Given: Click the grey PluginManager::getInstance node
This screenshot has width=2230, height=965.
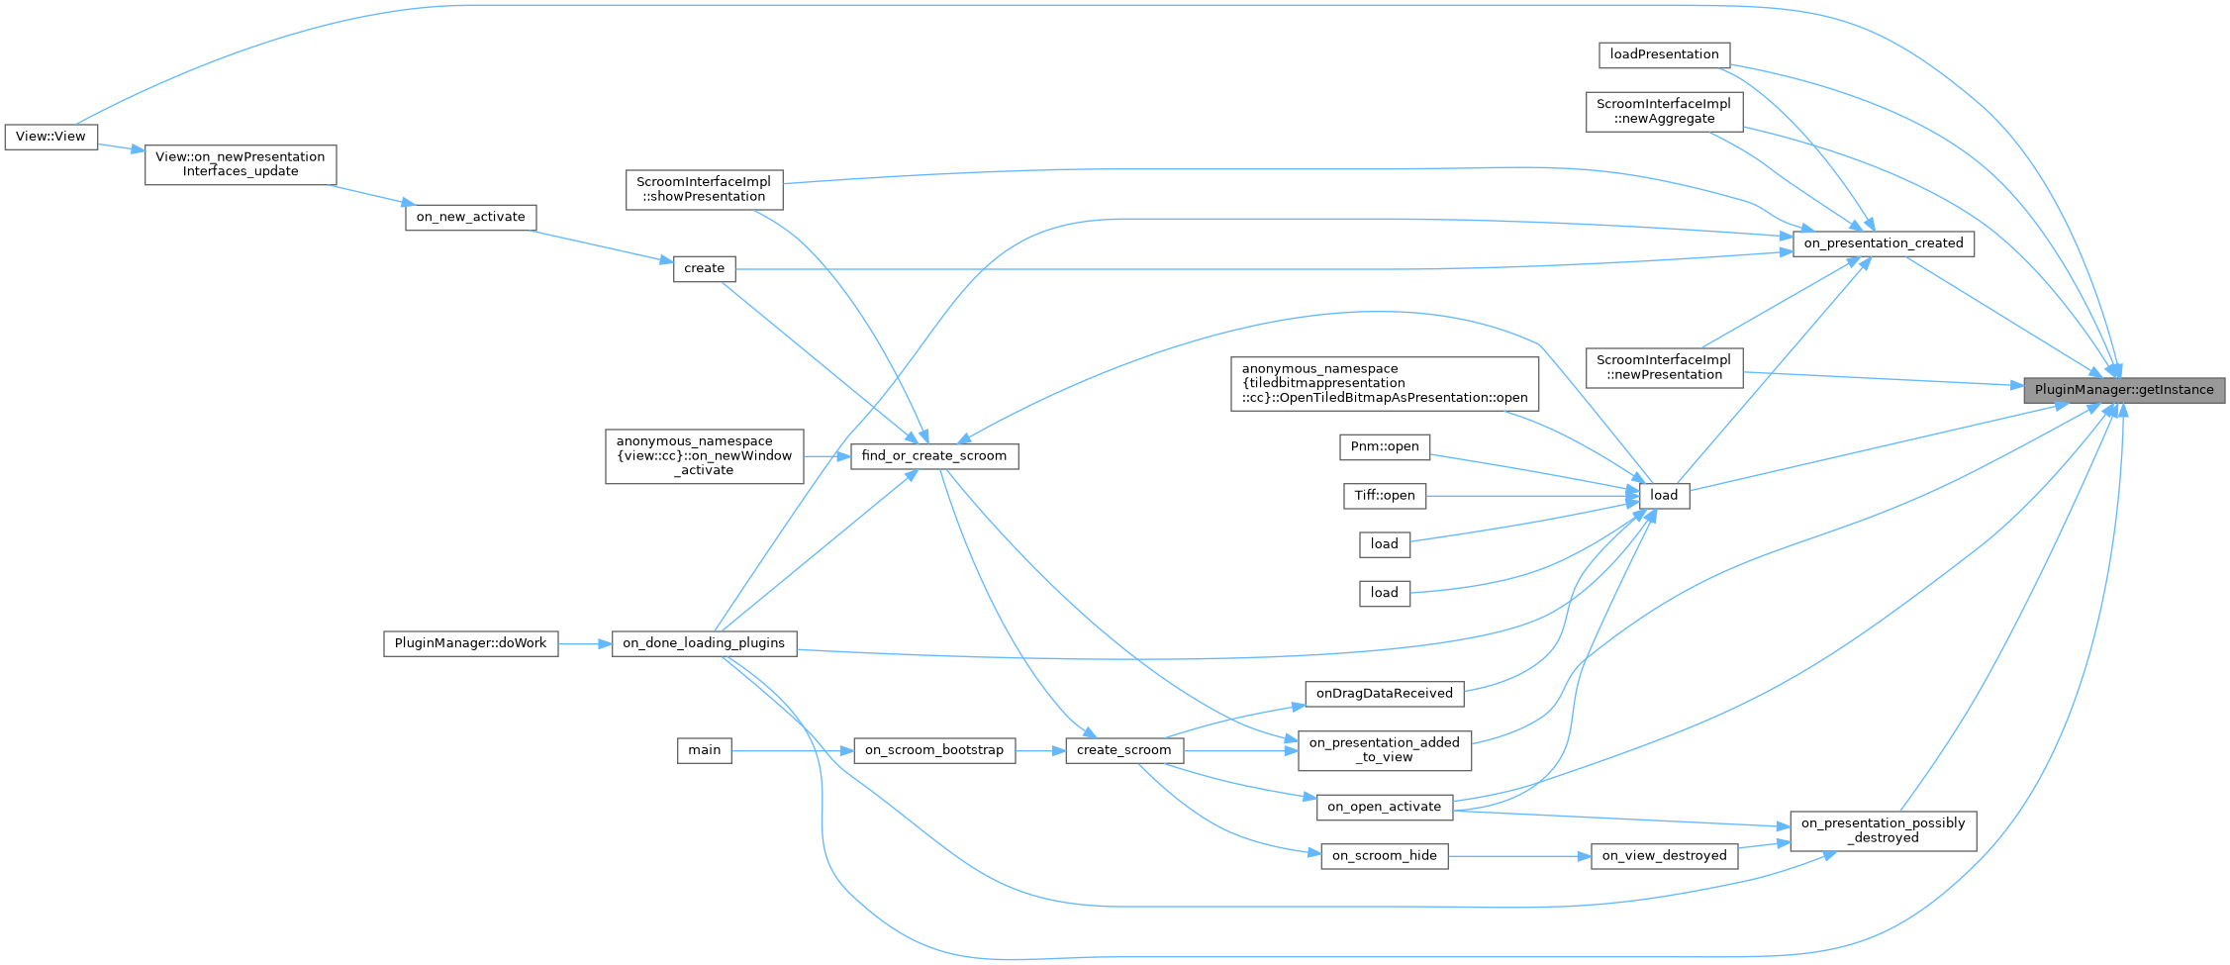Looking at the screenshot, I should tap(2123, 390).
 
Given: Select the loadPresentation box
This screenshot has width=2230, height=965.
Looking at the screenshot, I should tap(1664, 54).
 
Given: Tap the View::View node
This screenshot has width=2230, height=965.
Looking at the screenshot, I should tap(50, 137).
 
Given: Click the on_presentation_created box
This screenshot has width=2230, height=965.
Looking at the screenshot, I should tap(1883, 243).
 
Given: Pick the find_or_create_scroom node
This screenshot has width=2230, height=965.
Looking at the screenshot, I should tap(933, 456).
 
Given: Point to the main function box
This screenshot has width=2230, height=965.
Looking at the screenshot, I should tap(704, 750).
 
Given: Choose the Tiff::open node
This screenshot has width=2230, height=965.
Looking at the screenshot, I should tap(1384, 496).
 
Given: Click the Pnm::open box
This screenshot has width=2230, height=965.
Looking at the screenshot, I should tap(1384, 446).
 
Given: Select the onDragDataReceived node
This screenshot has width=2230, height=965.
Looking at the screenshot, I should tap(1384, 694).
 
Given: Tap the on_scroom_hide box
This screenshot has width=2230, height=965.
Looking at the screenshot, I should tap(1384, 856).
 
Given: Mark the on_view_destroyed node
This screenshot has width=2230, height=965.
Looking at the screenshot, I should tap(1663, 856).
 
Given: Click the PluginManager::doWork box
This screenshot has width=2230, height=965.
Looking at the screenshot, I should tap(470, 643).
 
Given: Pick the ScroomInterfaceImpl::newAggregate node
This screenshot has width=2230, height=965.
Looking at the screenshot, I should tap(1663, 111).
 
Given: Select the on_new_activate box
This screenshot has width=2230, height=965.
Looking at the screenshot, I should tap(470, 218).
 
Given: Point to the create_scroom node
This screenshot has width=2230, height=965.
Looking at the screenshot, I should tap(1123, 750).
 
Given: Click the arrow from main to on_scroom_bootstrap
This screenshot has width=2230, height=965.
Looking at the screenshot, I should tap(792, 750).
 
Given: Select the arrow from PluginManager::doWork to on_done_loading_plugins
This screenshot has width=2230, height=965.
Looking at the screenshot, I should tap(584, 643).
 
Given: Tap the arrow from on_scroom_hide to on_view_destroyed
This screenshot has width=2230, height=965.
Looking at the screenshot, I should tap(1519, 856).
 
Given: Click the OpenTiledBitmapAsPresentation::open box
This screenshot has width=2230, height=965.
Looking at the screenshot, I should tap(1384, 384).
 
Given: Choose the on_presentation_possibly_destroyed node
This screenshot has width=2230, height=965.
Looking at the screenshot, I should tap(1883, 830).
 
